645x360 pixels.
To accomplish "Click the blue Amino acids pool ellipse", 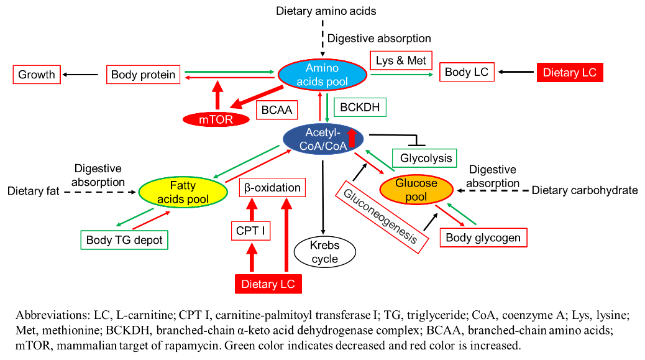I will (322, 75).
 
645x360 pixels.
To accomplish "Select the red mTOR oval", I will (216, 119).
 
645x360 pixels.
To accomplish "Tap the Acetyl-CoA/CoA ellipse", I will (322, 139).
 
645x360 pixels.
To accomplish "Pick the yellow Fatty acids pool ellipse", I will (183, 192).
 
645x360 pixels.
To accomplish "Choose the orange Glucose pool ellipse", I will (416, 190).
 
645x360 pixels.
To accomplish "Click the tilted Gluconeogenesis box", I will (382, 217).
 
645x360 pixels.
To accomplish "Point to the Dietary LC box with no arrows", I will (569, 73).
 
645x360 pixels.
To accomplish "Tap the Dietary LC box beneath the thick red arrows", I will (268, 284).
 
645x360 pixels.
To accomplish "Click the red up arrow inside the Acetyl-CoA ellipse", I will (352, 138).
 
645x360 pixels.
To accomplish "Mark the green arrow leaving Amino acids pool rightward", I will (401, 75).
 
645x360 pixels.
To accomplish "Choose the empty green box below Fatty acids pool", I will (124, 240).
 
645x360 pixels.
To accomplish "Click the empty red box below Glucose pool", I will (483, 238).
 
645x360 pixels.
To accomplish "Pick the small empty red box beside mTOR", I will (277, 110).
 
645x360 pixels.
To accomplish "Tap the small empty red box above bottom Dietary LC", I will (251, 231).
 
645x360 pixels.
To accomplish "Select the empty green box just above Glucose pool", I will (424, 159).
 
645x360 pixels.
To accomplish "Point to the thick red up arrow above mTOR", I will (217, 95).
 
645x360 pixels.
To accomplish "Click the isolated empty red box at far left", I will (37, 75).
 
